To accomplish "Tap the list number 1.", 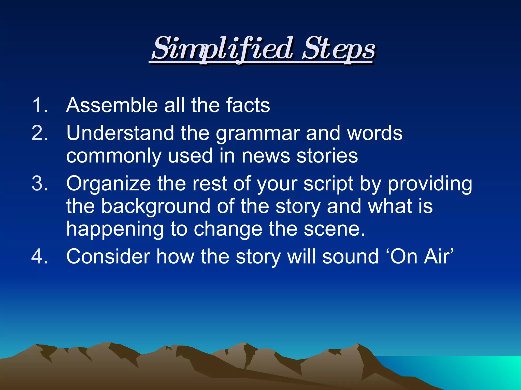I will coord(39,105).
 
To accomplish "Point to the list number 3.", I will coord(39,183).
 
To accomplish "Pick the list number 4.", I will coord(39,256).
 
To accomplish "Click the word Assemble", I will coord(112,105).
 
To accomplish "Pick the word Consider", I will coord(108,256).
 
